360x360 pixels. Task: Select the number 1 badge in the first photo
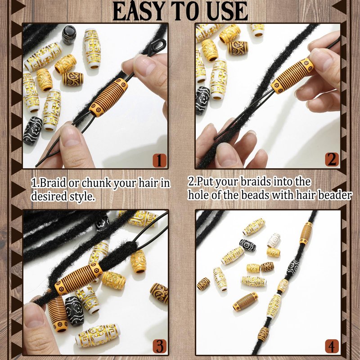tap(160, 160)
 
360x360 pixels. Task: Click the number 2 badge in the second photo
tap(332, 159)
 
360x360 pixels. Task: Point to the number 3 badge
tap(160, 346)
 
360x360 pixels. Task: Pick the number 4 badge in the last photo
tap(332, 346)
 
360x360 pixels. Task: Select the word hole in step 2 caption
tap(198, 195)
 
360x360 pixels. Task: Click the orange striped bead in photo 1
tap(108, 98)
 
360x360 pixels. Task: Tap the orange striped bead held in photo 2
tap(292, 76)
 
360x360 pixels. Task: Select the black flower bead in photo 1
tap(32, 131)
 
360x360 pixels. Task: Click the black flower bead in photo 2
tap(202, 100)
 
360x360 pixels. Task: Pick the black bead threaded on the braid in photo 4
tap(293, 267)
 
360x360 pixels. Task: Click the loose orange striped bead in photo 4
tap(245, 301)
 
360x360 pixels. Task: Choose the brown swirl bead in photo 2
tap(238, 48)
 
